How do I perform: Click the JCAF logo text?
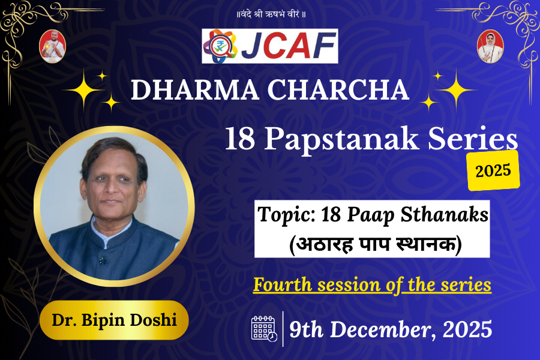point(289,46)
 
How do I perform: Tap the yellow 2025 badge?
point(493,170)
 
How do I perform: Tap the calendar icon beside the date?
point(263,329)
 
